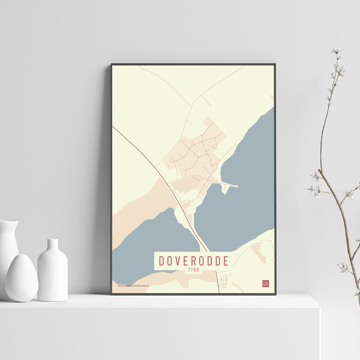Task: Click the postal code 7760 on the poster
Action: tap(193, 269)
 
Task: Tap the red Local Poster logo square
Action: tap(266, 283)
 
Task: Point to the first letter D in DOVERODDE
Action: tap(162, 261)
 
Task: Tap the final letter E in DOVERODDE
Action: tap(226, 261)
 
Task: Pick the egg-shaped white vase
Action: tap(22, 278)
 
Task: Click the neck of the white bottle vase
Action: tap(53, 244)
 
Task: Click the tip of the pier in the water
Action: tap(237, 186)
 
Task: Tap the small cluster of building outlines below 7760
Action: tap(224, 280)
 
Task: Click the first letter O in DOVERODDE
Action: tap(171, 261)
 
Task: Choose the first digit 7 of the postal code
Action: tap(189, 269)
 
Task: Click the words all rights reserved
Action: tap(141, 285)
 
